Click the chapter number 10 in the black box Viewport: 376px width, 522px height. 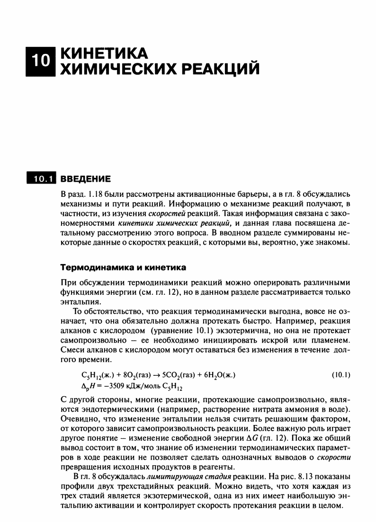[40, 60]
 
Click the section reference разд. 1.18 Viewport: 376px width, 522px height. [82, 194]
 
